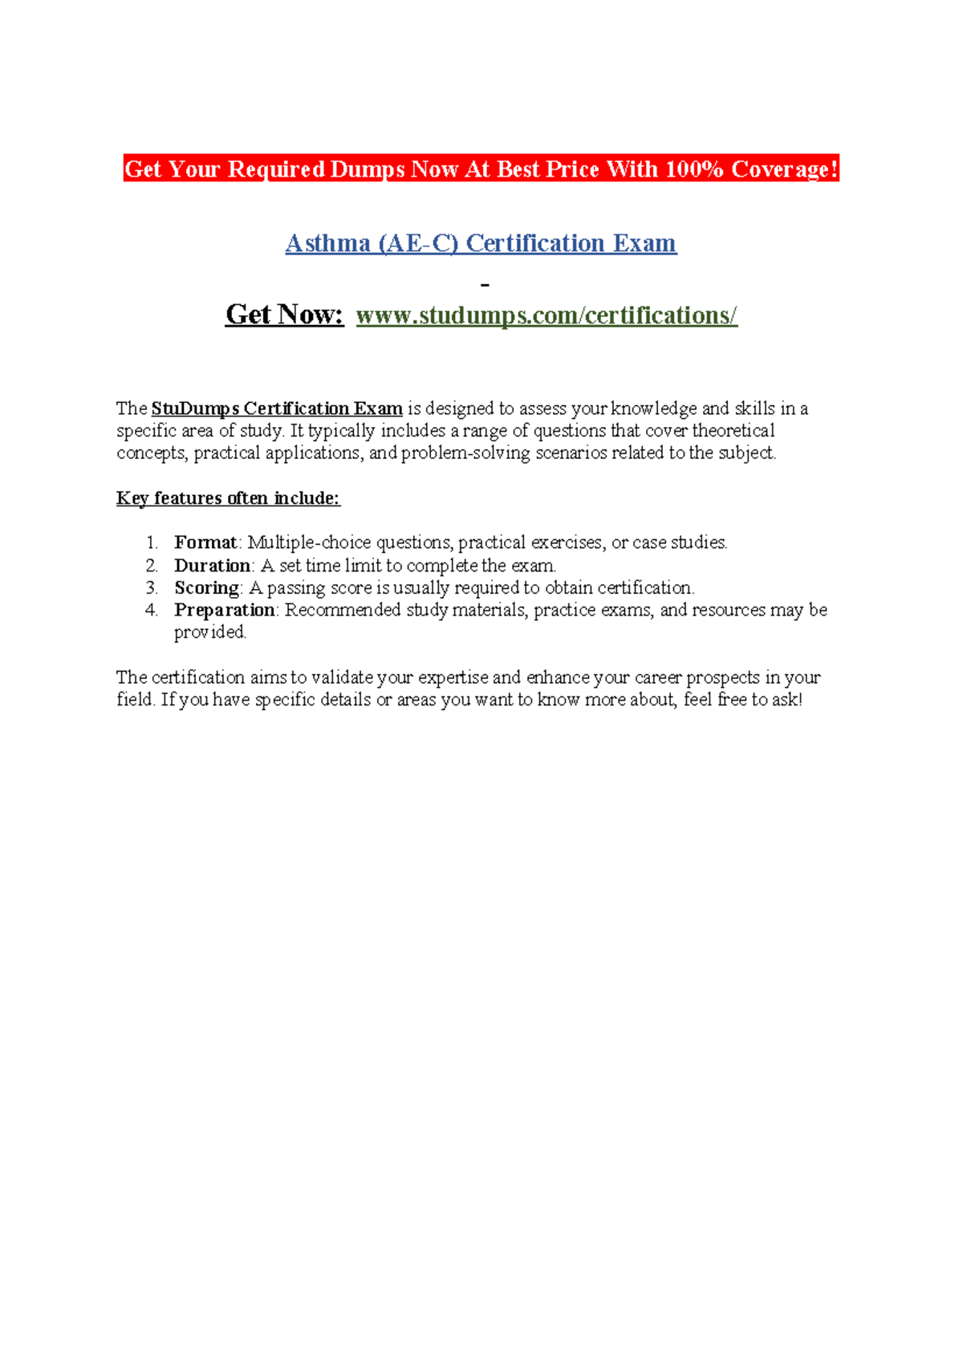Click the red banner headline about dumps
click(481, 169)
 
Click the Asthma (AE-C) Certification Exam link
click(481, 243)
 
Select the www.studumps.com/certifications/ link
click(547, 315)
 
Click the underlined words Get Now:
click(285, 315)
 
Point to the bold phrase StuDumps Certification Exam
click(277, 408)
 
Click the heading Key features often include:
click(228, 498)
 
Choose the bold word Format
click(205, 542)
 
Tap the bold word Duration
click(213, 565)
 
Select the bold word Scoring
click(207, 587)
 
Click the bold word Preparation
click(225, 610)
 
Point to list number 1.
click(152, 542)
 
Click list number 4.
click(152, 610)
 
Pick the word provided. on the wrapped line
click(210, 632)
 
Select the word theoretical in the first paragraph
click(733, 431)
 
